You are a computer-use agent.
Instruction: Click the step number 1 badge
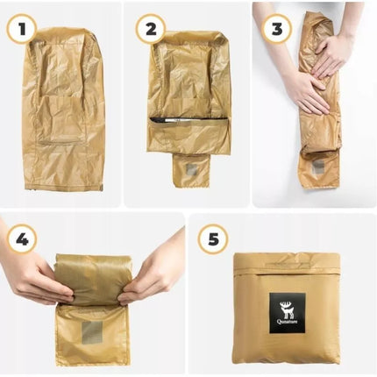click(22, 29)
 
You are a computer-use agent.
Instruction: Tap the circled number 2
click(151, 29)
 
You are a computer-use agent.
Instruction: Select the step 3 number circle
click(277, 29)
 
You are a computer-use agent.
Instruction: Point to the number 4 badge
click(22, 239)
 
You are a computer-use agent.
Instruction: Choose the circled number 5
click(213, 239)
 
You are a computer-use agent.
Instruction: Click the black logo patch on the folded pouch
click(288, 313)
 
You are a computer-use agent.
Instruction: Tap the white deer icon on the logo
click(287, 309)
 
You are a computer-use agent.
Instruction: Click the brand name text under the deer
click(287, 322)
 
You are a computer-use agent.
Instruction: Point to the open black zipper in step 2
click(188, 120)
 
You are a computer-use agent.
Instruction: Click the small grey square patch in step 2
click(191, 169)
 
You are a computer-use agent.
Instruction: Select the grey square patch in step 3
click(318, 167)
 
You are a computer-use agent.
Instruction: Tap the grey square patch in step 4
click(92, 332)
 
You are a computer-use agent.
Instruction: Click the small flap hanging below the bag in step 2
click(191, 170)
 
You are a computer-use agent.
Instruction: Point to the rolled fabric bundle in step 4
click(94, 279)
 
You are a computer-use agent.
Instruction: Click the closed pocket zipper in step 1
click(60, 143)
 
